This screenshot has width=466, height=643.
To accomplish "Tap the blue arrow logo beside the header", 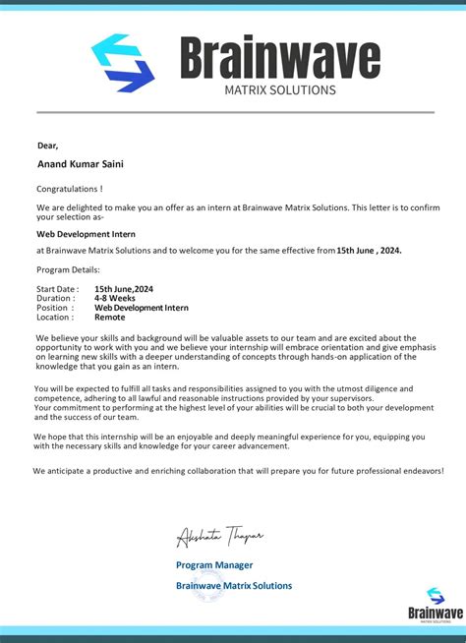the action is (x=123, y=63).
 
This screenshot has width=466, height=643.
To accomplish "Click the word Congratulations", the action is (x=69, y=188).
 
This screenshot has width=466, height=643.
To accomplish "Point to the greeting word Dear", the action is (x=47, y=146).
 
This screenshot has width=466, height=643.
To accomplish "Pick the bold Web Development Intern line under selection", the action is (x=86, y=234).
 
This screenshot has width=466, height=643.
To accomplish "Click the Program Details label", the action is (x=68, y=269).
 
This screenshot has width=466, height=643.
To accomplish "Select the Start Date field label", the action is (x=57, y=289).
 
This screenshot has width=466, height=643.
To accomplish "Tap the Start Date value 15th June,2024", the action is (x=124, y=289).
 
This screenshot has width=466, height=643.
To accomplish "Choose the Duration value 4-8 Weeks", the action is (x=116, y=298).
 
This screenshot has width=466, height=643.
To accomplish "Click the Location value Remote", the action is (x=109, y=318).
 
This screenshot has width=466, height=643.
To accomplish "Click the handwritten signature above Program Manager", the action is (x=219, y=536).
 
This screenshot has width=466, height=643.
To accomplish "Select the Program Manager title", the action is (x=214, y=564).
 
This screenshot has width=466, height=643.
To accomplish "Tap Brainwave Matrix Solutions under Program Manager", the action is (x=234, y=585).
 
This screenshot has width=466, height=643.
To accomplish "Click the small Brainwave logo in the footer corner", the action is (x=435, y=603).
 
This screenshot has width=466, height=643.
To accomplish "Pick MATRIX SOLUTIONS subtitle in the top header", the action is (x=279, y=90).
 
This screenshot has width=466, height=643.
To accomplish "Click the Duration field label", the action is (x=55, y=298).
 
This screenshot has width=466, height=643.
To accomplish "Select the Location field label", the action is (x=55, y=318).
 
